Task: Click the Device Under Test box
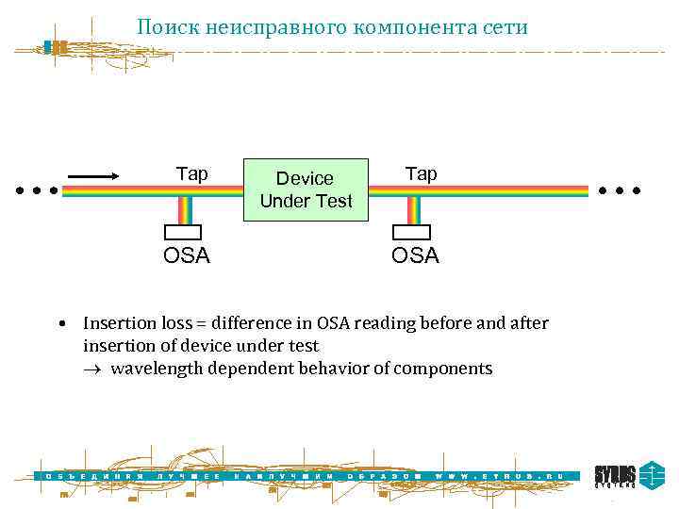coord(306,189)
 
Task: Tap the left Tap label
coord(192,174)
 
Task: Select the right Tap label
coord(421,173)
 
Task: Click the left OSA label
coord(187,255)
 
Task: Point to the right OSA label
coord(415,255)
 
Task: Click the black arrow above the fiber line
coord(92,174)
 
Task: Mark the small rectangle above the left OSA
coord(184,232)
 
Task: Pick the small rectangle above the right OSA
coord(411,232)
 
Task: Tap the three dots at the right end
coord(620,190)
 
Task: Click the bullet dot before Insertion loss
coord(59,324)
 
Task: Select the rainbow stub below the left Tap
coord(186,210)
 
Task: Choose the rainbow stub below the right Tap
coord(413,210)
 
